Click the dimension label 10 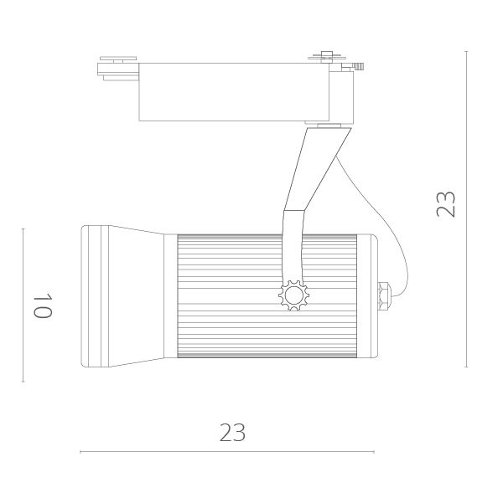click(44, 305)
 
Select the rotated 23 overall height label click(446, 204)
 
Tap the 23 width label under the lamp click(232, 432)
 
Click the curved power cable click(394, 234)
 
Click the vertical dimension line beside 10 click(23, 305)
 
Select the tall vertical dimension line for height click(466, 209)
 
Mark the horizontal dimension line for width click(226, 452)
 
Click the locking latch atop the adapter click(328, 58)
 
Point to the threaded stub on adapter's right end click(359, 65)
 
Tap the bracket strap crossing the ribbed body click(293, 251)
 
